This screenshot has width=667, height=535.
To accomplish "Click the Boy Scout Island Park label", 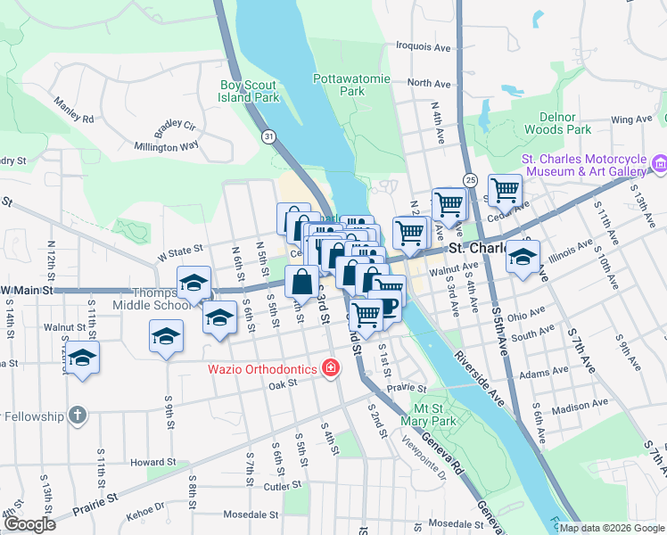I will [x=250, y=91].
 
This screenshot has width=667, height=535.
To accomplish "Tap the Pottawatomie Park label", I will [x=352, y=85].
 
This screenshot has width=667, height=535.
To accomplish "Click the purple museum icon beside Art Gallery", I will [x=659, y=163].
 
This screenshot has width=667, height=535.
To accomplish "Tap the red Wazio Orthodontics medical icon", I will [x=331, y=367].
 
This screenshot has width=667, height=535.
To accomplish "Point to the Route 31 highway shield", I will [x=268, y=136].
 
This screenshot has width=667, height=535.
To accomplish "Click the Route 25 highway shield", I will [x=468, y=180].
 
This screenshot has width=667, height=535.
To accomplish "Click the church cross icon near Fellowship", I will [x=78, y=416].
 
